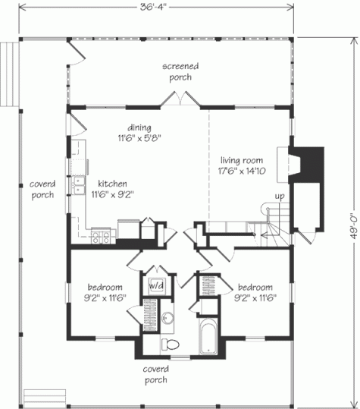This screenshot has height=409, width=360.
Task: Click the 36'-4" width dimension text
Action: pyautogui.click(x=158, y=8)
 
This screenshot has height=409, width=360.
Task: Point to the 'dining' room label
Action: pyautogui.click(x=139, y=127)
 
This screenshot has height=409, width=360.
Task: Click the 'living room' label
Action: pyautogui.click(x=241, y=160)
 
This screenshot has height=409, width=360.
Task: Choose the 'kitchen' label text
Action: pyautogui.click(x=111, y=184)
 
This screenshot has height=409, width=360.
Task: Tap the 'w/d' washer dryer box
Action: pyautogui.click(x=157, y=285)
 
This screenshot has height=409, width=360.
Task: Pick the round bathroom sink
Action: pyautogui.click(x=168, y=317)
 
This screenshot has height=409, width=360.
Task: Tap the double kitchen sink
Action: pyautogui.click(x=79, y=186)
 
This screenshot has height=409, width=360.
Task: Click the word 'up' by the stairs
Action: pyautogui.click(x=280, y=196)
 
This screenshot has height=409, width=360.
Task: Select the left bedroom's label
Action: pyautogui.click(x=105, y=287)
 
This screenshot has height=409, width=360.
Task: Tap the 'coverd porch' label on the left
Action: pyautogui.click(x=42, y=190)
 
